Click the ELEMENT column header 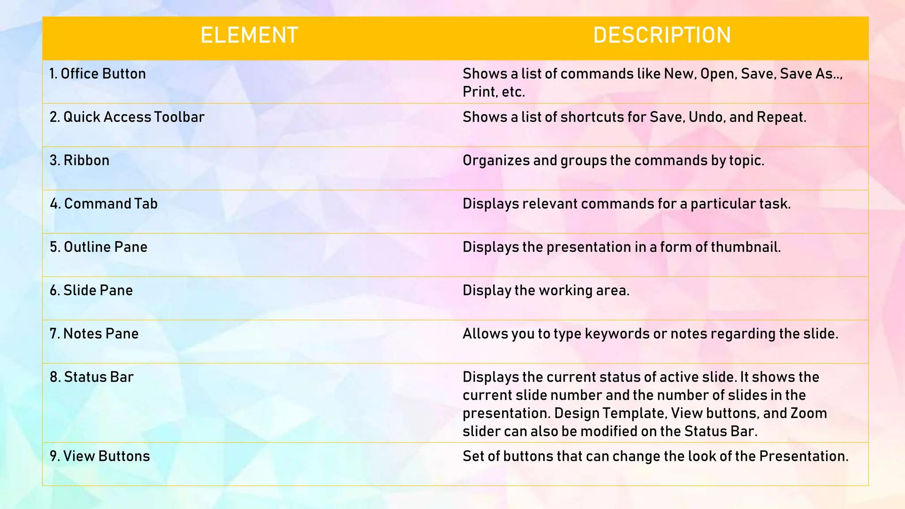[249, 35]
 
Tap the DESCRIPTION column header [662, 35]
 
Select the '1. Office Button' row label [98, 74]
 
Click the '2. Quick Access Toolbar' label [127, 117]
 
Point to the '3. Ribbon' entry [80, 160]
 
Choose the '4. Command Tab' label [104, 204]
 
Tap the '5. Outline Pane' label [99, 247]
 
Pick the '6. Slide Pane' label [91, 290]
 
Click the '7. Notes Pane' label [94, 334]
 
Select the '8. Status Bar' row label [91, 377]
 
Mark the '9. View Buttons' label [100, 456]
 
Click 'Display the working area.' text [546, 290]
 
